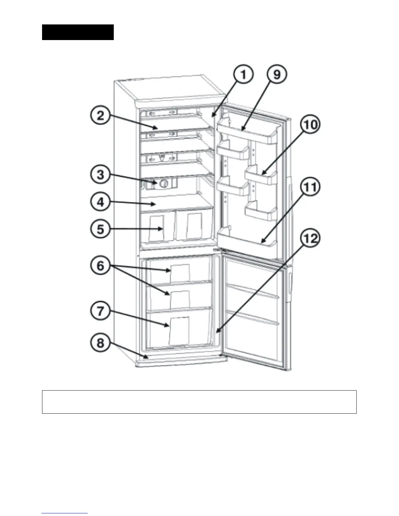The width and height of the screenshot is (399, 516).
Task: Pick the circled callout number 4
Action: [100, 202]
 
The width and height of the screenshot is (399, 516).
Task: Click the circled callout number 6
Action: [100, 266]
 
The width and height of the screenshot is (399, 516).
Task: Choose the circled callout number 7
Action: [100, 311]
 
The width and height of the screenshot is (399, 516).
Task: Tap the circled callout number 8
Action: [100, 343]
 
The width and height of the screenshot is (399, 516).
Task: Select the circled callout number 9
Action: [276, 75]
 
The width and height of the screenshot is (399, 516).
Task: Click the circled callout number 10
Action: [311, 125]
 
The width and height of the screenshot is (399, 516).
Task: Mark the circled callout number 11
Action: [310, 188]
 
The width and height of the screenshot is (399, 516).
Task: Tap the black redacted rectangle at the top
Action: [78, 32]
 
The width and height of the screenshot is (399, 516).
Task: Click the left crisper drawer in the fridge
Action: [157, 227]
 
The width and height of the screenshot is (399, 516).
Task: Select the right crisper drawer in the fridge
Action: [194, 226]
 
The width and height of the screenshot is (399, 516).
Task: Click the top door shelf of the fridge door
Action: [248, 130]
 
